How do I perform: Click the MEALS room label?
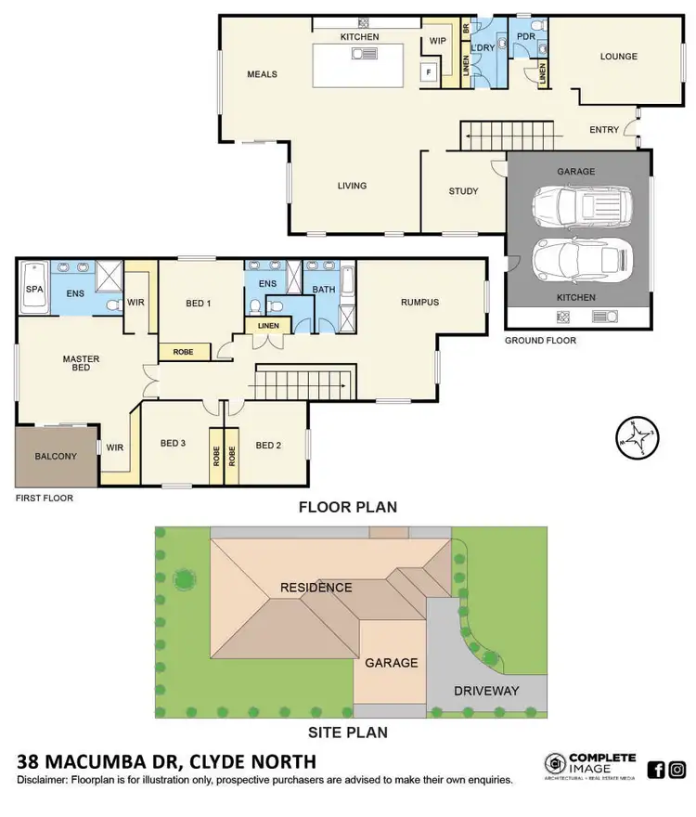click(262, 74)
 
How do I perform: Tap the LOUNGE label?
click(618, 57)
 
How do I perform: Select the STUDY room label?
click(463, 191)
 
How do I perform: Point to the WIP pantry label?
click(438, 41)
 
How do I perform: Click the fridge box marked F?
click(429, 71)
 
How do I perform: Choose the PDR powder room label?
click(525, 37)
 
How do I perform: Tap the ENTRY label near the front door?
click(604, 130)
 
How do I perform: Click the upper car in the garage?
click(581, 205)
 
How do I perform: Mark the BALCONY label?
click(55, 456)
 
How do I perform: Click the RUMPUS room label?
click(419, 302)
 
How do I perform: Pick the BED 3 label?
click(173, 445)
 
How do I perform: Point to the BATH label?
click(324, 290)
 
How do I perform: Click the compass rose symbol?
click(638, 436)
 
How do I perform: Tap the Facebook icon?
click(655, 769)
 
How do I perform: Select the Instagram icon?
click(677, 769)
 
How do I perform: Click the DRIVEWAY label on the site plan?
click(486, 691)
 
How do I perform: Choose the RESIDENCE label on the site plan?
click(317, 588)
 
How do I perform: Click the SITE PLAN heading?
click(348, 732)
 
